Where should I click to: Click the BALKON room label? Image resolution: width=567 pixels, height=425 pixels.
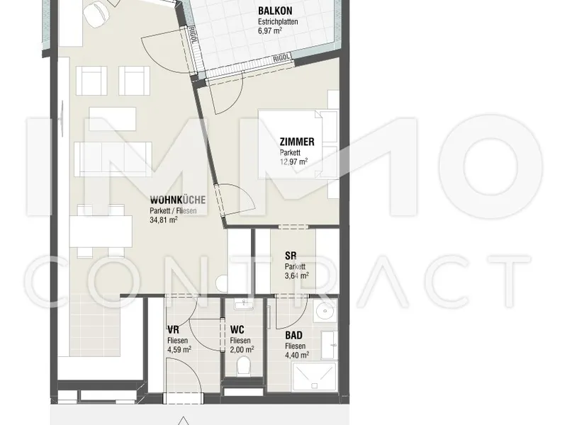click(x=275, y=11)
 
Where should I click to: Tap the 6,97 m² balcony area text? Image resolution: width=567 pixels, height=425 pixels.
click(x=270, y=30)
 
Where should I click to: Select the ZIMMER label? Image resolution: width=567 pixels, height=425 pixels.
click(x=297, y=142)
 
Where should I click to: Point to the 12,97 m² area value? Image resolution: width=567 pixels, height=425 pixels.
click(x=293, y=161)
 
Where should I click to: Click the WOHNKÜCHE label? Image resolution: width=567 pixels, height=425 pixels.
click(x=178, y=200)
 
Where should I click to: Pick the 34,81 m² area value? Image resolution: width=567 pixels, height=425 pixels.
click(x=164, y=220)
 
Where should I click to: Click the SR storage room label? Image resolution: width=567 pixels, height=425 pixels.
click(x=291, y=256)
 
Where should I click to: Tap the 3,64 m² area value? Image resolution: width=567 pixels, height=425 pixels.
click(x=296, y=276)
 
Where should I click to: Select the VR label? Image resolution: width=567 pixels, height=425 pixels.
click(x=173, y=329)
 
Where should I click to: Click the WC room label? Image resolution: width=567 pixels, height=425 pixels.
click(x=237, y=329)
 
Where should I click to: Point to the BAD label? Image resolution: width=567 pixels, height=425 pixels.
click(x=293, y=335)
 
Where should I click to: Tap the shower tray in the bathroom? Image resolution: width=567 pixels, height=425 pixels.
click(x=314, y=376)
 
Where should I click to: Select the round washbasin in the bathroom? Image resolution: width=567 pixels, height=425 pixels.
click(x=325, y=311)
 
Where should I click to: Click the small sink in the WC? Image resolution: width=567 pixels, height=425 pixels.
click(x=242, y=305)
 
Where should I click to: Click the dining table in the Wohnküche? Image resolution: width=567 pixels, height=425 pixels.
click(x=101, y=232)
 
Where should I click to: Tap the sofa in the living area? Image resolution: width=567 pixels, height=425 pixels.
click(x=113, y=159)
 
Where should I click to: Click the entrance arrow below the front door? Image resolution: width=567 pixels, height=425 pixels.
click(x=184, y=421)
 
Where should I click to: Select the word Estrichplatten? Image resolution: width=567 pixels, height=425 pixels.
click(x=278, y=22)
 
